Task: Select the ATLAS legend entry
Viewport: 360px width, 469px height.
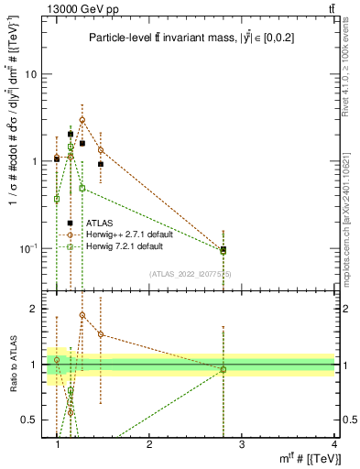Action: tap(99, 223)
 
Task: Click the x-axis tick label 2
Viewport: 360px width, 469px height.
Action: tap(149, 444)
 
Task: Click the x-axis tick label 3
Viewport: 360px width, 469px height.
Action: tap(242, 444)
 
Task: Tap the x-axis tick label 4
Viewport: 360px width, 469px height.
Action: tap(333, 444)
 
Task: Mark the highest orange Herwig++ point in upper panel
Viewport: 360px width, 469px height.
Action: tap(82, 120)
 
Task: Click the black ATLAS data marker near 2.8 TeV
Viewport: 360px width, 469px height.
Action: tap(224, 249)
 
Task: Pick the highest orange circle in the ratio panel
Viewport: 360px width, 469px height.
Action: tap(82, 315)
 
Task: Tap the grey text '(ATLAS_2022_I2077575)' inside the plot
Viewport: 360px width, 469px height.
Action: tap(191, 273)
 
